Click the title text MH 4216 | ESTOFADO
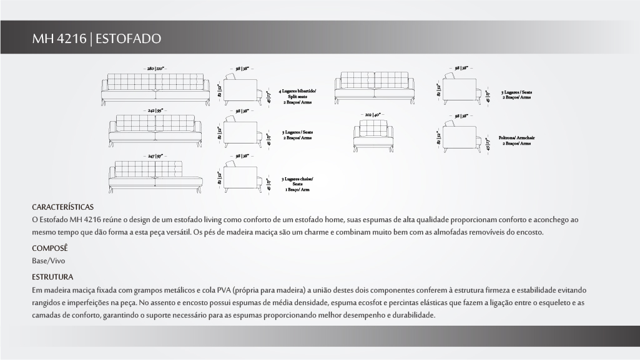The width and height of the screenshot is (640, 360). [97, 39]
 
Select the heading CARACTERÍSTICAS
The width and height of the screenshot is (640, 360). [62, 207]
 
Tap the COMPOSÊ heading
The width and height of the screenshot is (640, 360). [49, 248]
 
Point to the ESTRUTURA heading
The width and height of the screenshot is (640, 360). [52, 276]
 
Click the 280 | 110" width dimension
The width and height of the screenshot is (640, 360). [155, 67]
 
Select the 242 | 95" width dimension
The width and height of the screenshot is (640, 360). [155, 110]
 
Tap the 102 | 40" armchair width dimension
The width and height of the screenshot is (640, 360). [373, 115]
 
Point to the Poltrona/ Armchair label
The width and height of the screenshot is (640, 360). [516, 140]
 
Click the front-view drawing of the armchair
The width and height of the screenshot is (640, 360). [373, 137]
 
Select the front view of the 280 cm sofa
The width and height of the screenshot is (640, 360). [155, 89]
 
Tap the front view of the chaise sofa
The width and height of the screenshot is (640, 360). [155, 177]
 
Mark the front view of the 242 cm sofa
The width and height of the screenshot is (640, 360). [155, 132]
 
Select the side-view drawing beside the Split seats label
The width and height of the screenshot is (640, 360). [240, 89]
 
